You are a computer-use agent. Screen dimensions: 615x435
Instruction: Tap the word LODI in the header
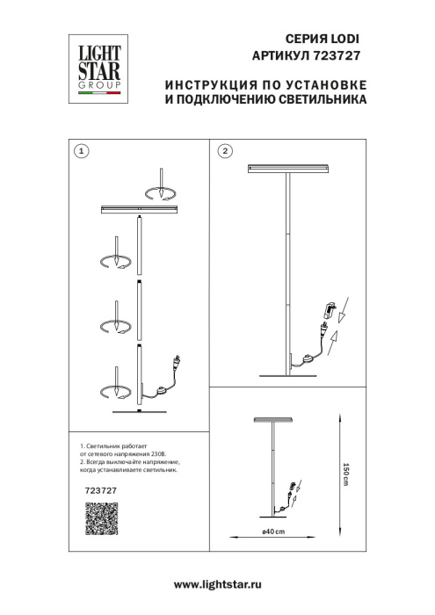pyautogui.click(x=343, y=40)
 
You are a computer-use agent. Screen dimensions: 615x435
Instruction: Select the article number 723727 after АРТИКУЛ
pyautogui.click(x=341, y=55)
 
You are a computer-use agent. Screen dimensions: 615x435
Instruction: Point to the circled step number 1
pyautogui.click(x=81, y=151)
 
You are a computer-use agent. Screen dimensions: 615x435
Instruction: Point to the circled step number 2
pyautogui.click(x=225, y=151)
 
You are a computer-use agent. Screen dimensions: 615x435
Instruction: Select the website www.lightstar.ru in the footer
pyautogui.click(x=218, y=584)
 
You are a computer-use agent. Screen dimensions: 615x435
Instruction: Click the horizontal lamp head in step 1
pyautogui.click(x=140, y=209)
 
